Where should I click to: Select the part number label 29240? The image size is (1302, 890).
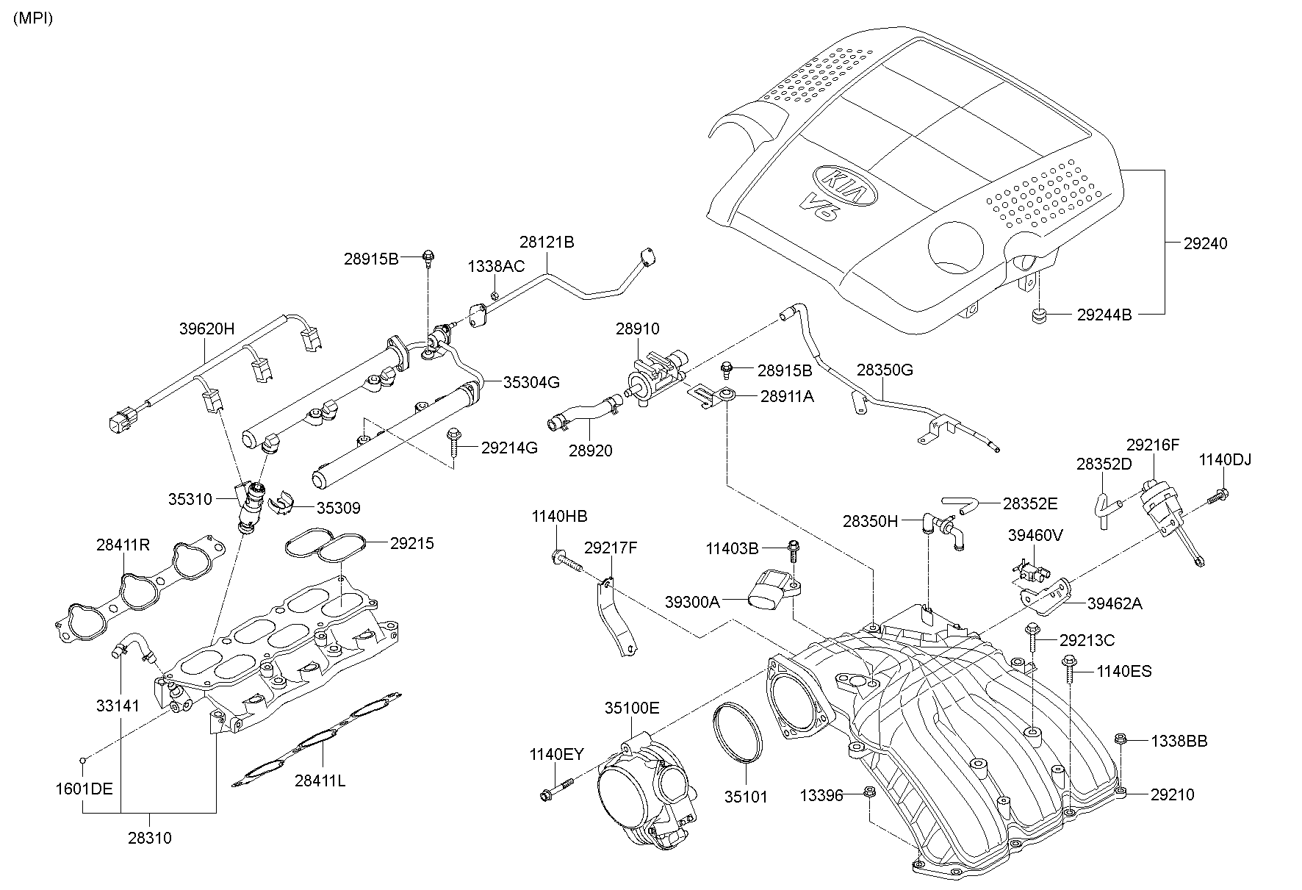point(1204,243)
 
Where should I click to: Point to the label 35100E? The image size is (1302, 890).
point(632,708)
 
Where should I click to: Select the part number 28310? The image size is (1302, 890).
point(149,838)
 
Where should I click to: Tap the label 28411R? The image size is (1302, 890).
point(123,545)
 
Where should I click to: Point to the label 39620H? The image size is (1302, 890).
point(206,329)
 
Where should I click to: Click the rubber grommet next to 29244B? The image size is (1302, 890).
point(1037,316)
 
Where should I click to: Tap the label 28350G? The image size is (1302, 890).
point(885,370)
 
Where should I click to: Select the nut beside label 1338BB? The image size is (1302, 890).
point(1121,739)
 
